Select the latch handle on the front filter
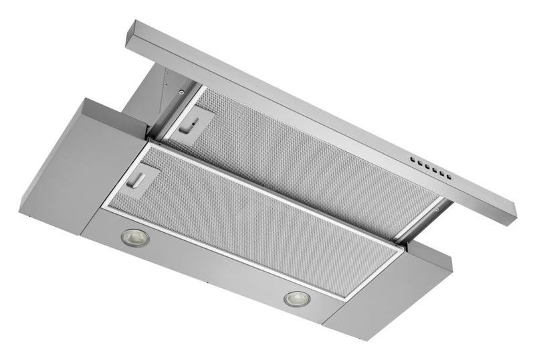(x=142, y=179)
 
